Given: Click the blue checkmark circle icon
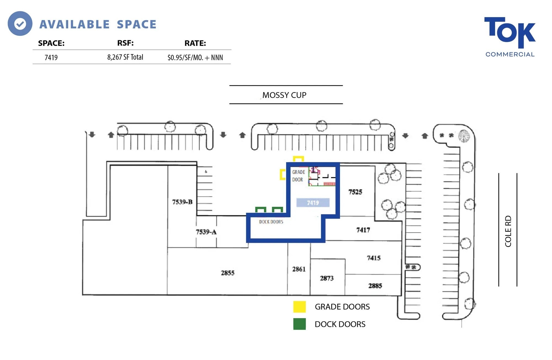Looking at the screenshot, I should tap(20, 24).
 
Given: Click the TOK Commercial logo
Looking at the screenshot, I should tap(509, 37).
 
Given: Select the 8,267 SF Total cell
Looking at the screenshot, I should tap(125, 57).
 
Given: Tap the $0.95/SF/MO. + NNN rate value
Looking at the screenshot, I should tap(195, 57).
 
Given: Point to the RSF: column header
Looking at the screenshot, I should tap(125, 43).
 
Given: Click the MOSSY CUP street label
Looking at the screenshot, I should tap(284, 95).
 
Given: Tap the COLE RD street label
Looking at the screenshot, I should tap(508, 231).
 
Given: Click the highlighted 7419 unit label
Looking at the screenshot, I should tap(313, 203).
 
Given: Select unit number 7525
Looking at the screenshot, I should tap(355, 192).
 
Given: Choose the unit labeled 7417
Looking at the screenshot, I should tap(363, 230).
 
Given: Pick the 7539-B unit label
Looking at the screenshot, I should tap(182, 202).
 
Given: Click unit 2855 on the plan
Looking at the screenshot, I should tap(227, 273).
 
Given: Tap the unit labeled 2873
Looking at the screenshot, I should tap(327, 278).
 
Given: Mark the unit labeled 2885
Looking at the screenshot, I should tap(375, 286).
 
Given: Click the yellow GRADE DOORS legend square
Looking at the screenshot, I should tap(299, 307).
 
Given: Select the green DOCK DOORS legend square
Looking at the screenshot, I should tap(299, 324).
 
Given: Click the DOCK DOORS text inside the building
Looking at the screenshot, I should tap(271, 222).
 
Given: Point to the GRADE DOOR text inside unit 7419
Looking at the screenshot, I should tap(298, 176).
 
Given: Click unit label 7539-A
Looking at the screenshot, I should tap(206, 232).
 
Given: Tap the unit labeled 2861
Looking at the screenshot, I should tap(299, 269).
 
